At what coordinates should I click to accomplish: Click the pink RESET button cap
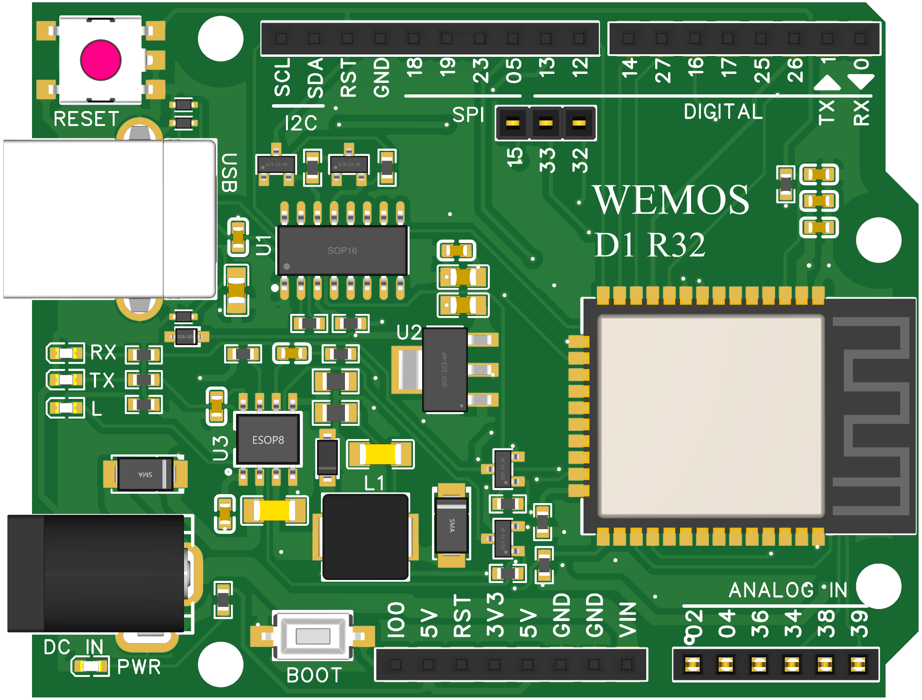click(x=101, y=60)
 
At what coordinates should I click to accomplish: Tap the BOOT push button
click(x=313, y=636)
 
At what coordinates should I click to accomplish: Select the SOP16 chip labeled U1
click(x=342, y=250)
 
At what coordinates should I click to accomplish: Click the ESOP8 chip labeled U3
click(x=268, y=440)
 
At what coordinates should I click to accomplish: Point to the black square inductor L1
click(x=365, y=536)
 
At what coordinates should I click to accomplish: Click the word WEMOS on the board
click(x=671, y=200)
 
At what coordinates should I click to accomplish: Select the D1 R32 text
click(x=650, y=245)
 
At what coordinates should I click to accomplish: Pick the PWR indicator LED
click(x=90, y=666)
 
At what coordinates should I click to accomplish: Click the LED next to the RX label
click(x=66, y=353)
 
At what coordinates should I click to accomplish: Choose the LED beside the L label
click(x=66, y=407)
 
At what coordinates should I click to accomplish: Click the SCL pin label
click(x=282, y=77)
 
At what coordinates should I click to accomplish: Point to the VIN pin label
click(x=627, y=619)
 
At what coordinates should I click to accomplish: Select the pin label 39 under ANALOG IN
click(x=859, y=624)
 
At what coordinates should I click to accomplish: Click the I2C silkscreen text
click(x=301, y=123)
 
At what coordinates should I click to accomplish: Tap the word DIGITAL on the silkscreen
click(x=723, y=112)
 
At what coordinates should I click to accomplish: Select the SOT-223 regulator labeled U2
click(x=445, y=370)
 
